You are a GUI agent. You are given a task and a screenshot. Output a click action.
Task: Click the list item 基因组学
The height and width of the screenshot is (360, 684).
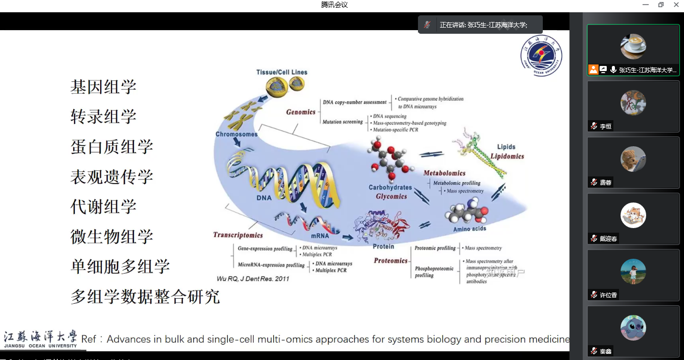coord(103,87)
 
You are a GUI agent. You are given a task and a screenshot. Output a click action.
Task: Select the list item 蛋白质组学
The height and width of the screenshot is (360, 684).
coord(112,147)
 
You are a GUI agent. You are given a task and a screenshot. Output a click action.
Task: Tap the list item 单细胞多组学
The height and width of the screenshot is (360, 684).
coord(120,266)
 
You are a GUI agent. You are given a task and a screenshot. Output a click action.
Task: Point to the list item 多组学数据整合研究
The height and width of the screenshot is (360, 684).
coord(145,297)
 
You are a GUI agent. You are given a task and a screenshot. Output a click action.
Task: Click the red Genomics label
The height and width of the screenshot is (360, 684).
coord(300,112)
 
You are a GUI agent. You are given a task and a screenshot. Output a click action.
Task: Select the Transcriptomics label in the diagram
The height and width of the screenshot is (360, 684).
coord(238,235)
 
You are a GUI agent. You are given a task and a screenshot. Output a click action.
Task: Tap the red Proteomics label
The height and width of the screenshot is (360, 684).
coord(390,261)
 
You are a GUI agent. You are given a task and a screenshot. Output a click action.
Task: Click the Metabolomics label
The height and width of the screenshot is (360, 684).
coord(444,173)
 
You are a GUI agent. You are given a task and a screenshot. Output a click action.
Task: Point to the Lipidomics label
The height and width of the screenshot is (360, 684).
coord(507,156)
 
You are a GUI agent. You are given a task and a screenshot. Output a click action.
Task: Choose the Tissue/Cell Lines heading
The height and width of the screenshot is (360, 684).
coord(281,72)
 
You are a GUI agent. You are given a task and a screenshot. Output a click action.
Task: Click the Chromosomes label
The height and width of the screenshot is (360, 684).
coord(236,134)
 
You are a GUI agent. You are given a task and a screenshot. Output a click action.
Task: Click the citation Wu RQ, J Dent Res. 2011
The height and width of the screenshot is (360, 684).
coord(253,279)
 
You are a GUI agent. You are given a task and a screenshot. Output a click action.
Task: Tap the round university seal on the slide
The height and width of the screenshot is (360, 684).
coord(541,56)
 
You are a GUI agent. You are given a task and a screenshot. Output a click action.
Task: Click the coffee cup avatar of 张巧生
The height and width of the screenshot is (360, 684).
coord(633,47)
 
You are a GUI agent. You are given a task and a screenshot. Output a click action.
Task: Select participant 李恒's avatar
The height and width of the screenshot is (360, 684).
coord(633,103)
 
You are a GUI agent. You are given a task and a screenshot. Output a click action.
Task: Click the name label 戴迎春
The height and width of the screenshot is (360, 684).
coord(608,239)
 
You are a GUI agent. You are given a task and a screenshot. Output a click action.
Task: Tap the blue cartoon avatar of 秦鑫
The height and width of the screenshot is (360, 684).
coord(633,328)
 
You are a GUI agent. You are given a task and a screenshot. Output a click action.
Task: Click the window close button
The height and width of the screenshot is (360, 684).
coord(675,5)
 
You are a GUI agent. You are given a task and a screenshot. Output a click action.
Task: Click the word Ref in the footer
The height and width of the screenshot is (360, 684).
coord(89,339)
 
